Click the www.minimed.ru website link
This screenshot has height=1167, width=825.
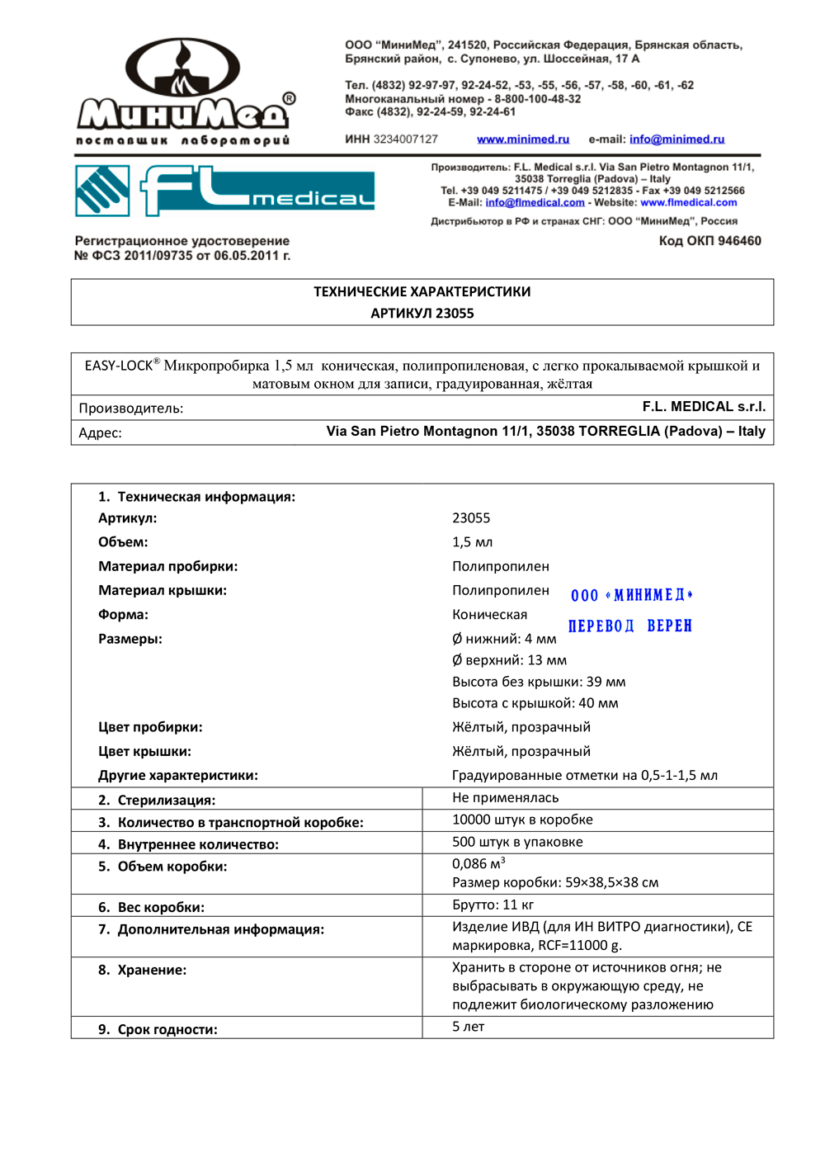tap(523, 139)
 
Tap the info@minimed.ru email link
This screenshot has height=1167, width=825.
tap(676, 139)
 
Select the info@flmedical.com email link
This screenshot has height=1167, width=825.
tap(535, 202)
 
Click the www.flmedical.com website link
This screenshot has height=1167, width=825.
tap(689, 202)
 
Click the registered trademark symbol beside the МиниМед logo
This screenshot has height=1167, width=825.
tap(289, 98)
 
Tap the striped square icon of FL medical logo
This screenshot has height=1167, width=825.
tap(102, 191)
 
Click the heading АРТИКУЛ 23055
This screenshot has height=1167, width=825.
tap(422, 314)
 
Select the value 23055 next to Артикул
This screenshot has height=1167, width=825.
tap(471, 518)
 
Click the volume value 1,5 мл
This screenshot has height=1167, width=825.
tap(472, 542)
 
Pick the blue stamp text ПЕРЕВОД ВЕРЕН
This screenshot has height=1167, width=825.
tap(630, 626)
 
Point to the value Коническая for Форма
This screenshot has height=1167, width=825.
tap(489, 615)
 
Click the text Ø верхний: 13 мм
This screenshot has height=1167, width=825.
tap(509, 660)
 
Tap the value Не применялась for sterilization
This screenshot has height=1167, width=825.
tap(505, 798)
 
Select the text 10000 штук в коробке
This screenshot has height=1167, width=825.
tap(522, 820)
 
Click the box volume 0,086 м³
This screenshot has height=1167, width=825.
tap(478, 863)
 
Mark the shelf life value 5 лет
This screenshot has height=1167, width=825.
tap(468, 1027)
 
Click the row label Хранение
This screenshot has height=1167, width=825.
tap(152, 971)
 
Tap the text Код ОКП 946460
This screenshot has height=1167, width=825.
tap(709, 241)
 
